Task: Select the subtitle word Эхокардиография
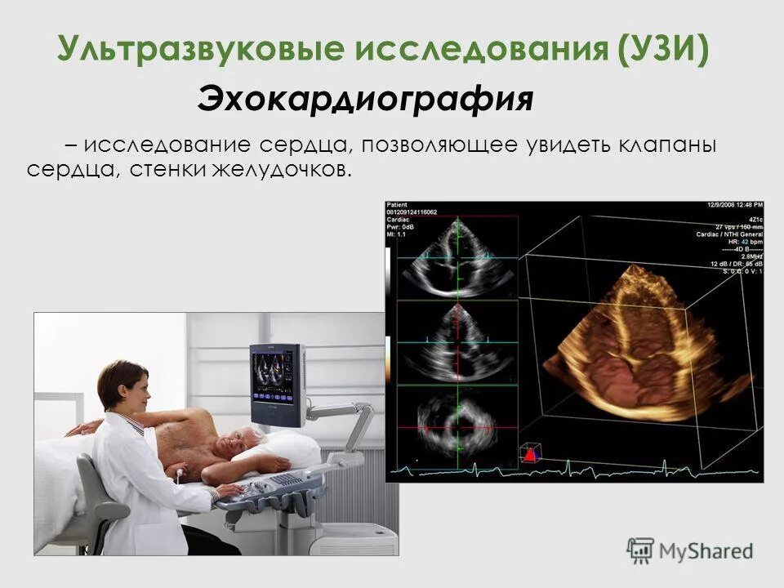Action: (365, 100)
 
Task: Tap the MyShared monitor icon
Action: (641, 549)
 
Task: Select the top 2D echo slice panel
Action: (457, 257)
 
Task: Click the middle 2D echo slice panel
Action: (457, 343)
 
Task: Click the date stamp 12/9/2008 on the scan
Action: (718, 205)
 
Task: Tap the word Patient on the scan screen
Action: (397, 205)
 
